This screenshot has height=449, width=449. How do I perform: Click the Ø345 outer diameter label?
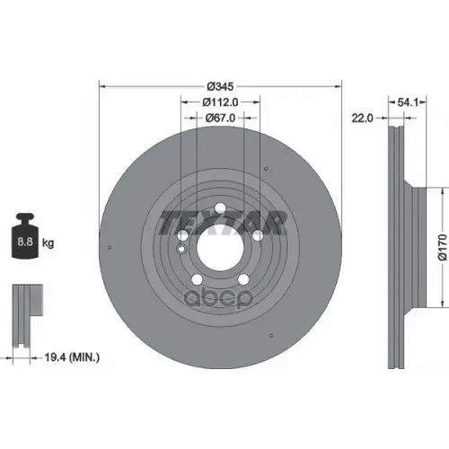220,86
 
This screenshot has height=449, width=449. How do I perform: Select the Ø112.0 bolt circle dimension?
220,102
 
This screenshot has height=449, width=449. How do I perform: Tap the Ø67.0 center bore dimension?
220,119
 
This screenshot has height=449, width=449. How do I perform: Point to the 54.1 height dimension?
408,102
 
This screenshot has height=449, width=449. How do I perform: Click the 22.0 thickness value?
362,119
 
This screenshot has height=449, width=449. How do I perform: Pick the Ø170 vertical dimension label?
444,247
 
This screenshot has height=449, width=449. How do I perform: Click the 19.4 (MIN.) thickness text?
72,357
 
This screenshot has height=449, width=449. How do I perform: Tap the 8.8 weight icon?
25,235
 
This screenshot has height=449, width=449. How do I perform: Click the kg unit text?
48,242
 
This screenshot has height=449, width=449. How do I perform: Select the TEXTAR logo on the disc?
222,222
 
